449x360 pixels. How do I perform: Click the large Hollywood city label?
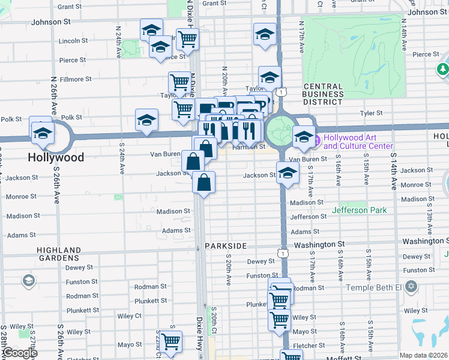(55, 158)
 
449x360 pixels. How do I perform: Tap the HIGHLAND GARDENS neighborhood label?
(59, 254)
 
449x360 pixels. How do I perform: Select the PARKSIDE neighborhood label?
(225, 247)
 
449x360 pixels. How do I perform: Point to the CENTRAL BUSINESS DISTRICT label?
(323, 94)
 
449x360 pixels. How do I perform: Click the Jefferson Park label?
(358, 211)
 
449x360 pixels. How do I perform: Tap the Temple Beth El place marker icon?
(411, 287)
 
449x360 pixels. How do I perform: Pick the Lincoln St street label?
(73, 41)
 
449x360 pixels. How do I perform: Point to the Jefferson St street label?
(308, 217)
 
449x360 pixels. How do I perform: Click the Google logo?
(19, 353)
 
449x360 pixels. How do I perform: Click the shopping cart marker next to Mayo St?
(171, 341)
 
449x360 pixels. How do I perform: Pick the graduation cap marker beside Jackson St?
(288, 173)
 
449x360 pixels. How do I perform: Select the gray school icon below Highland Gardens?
(28, 281)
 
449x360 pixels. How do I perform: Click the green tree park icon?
(443, 70)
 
